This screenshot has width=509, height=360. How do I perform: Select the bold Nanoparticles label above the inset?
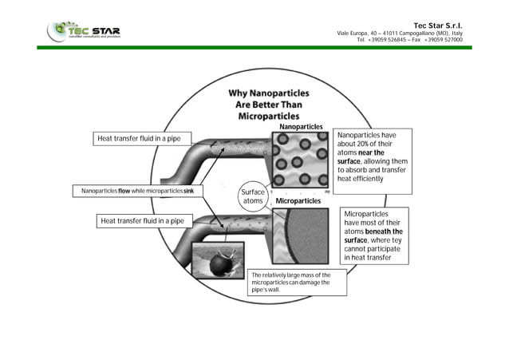click(301, 127)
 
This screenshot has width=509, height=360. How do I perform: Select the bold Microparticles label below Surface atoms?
click(298, 201)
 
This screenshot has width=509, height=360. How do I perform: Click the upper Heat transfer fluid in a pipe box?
click(140, 139)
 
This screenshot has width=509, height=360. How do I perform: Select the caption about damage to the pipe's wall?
click(297, 283)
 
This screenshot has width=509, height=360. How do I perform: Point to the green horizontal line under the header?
click(254, 47)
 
